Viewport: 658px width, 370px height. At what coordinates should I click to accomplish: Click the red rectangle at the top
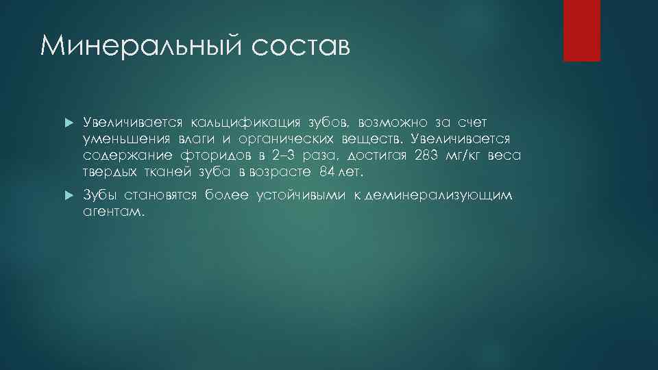point(581,30)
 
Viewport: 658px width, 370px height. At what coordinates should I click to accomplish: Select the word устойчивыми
point(302,196)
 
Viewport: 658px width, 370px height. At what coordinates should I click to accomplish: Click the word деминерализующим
point(439,196)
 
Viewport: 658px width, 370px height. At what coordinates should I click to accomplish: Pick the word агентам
point(114,212)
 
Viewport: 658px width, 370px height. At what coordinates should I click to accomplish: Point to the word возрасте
point(283,171)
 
